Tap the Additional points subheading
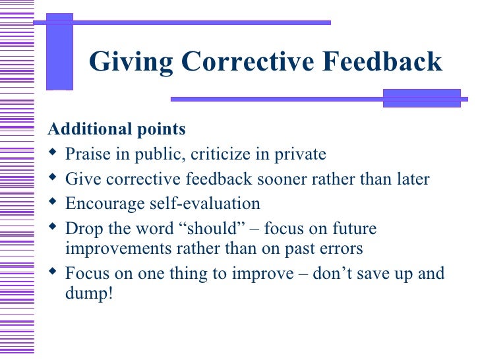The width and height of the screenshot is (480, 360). coord(117,129)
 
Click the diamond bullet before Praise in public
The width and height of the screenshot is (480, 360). coord(54,154)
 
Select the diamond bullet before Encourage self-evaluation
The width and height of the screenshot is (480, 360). coord(54,203)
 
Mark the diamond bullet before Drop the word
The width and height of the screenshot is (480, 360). coord(54,228)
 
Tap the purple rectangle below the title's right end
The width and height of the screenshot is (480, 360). coord(421,98)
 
